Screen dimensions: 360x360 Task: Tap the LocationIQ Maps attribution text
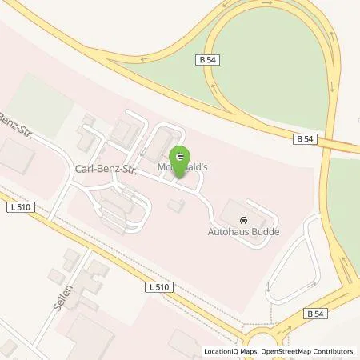coord(232,351)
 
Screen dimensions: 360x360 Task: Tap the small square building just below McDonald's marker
coord(176,206)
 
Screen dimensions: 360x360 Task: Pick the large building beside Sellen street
coord(88,336)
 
